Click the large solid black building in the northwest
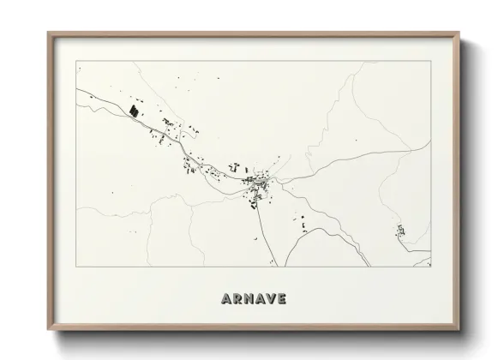[134, 110]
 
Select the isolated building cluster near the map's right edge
[399, 230]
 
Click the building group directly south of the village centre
[254, 201]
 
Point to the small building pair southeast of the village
[302, 224]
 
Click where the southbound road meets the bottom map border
[274, 265]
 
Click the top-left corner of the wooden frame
[48, 33]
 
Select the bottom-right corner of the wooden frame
[460, 329]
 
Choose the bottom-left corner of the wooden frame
[48, 329]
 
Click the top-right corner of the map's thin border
[430, 62]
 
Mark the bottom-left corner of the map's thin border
[76, 266]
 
